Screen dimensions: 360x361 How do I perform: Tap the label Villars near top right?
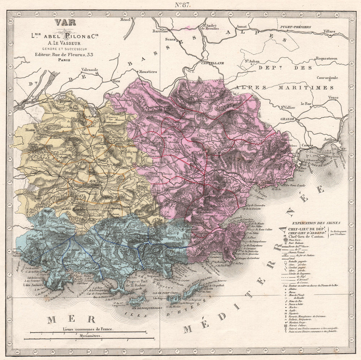coord(329,31)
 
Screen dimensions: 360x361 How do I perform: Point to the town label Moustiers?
coord(148,72)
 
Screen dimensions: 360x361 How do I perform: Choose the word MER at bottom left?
coord(71,319)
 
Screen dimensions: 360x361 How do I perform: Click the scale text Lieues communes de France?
coord(88,329)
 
